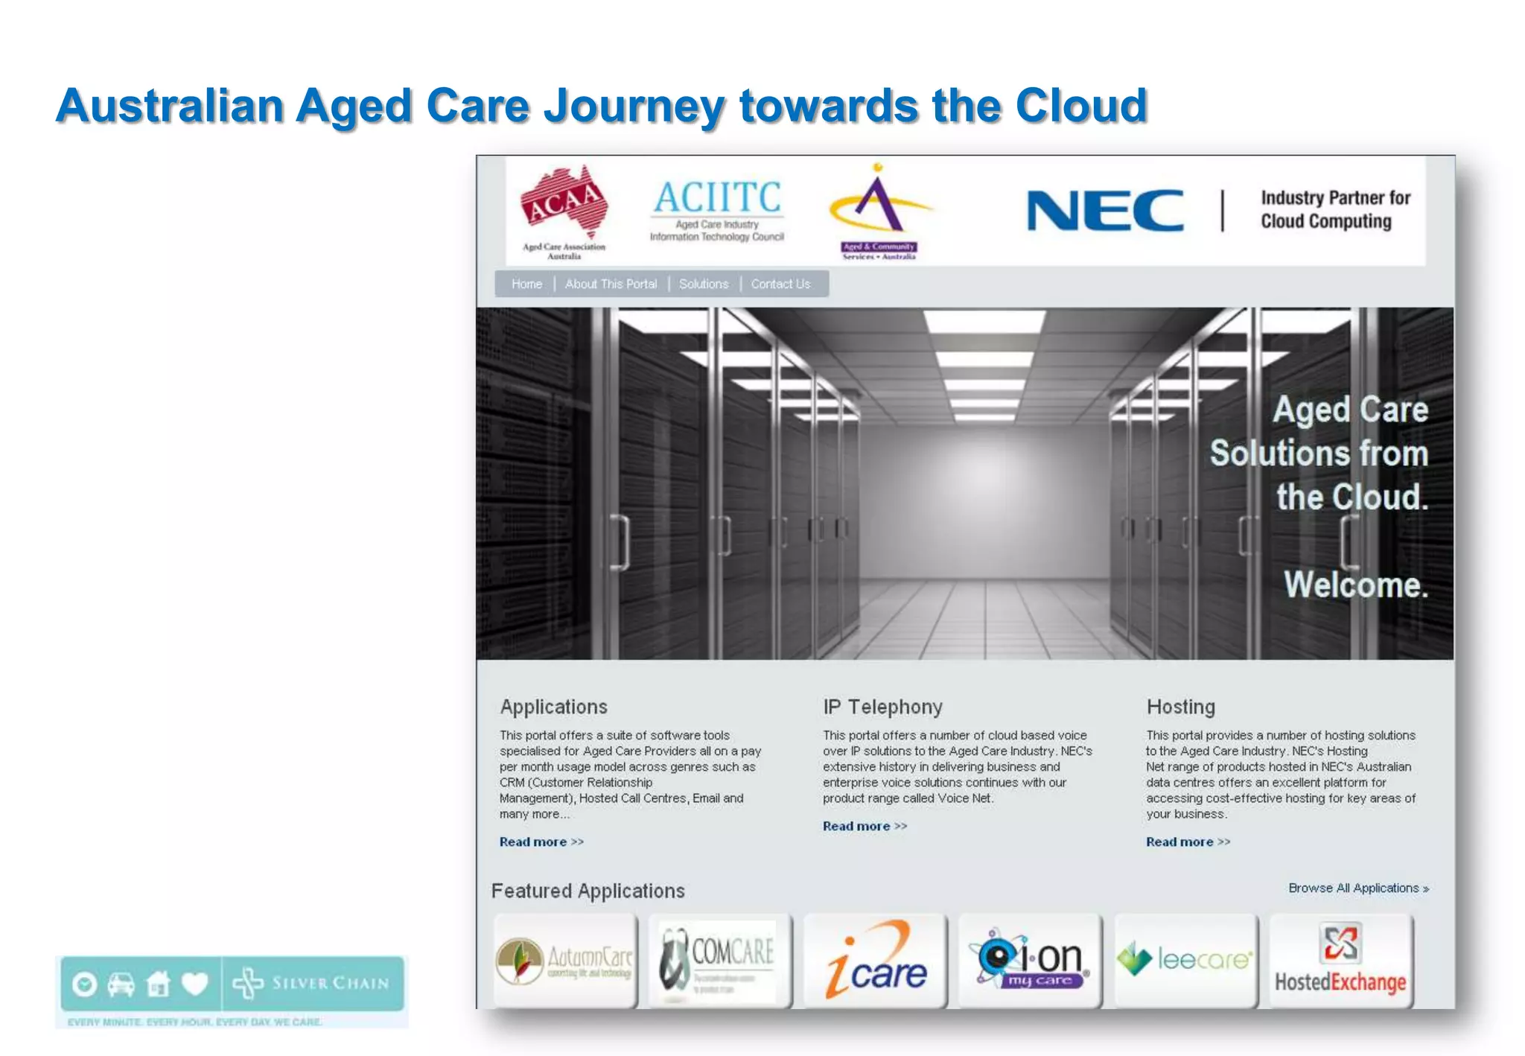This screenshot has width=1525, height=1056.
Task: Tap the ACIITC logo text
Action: click(717, 198)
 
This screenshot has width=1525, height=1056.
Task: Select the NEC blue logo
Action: click(1105, 211)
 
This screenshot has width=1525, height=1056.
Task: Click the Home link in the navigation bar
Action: click(526, 284)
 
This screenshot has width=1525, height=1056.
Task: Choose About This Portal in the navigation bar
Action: click(611, 284)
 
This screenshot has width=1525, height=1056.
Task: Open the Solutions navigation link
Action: click(704, 284)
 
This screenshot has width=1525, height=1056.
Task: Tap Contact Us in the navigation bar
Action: click(780, 284)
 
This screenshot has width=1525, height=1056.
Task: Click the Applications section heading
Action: click(553, 707)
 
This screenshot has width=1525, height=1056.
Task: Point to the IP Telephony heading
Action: click(882, 707)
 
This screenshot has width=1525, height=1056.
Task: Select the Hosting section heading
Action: click(1180, 707)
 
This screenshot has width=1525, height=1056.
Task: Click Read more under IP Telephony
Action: click(865, 826)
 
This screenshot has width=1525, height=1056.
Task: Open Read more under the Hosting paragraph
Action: click(1188, 842)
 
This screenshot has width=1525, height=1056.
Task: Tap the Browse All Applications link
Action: click(1358, 888)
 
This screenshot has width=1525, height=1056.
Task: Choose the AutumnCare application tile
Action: click(566, 961)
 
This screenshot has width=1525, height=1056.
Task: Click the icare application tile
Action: click(876, 961)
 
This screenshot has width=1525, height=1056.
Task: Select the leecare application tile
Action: click(1185, 961)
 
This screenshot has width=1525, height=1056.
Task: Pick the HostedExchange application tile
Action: click(1340, 961)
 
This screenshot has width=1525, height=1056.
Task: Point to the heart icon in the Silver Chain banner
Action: click(195, 985)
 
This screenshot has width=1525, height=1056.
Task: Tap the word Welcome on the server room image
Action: click(1356, 585)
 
